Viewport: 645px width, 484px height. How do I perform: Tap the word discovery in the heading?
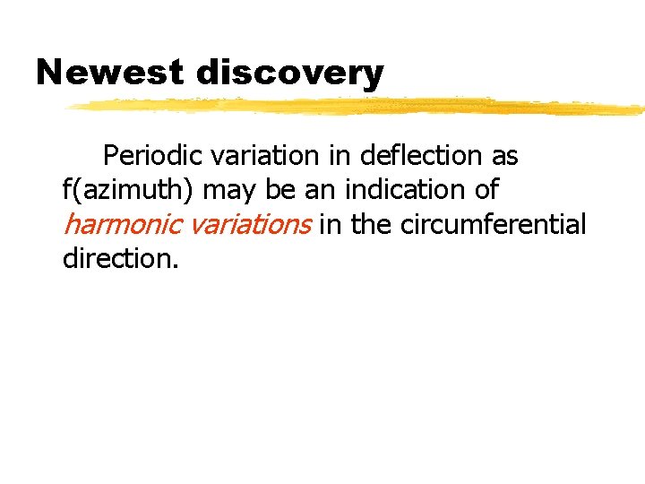[289, 73]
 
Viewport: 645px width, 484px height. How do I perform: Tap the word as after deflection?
[504, 157]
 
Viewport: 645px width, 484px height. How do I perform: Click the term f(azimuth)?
[129, 191]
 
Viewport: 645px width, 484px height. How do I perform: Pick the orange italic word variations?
[247, 224]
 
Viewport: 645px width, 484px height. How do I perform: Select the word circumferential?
[493, 224]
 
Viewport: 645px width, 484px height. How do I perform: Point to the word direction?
[121, 259]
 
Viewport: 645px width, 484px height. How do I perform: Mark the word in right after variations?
[331, 224]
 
